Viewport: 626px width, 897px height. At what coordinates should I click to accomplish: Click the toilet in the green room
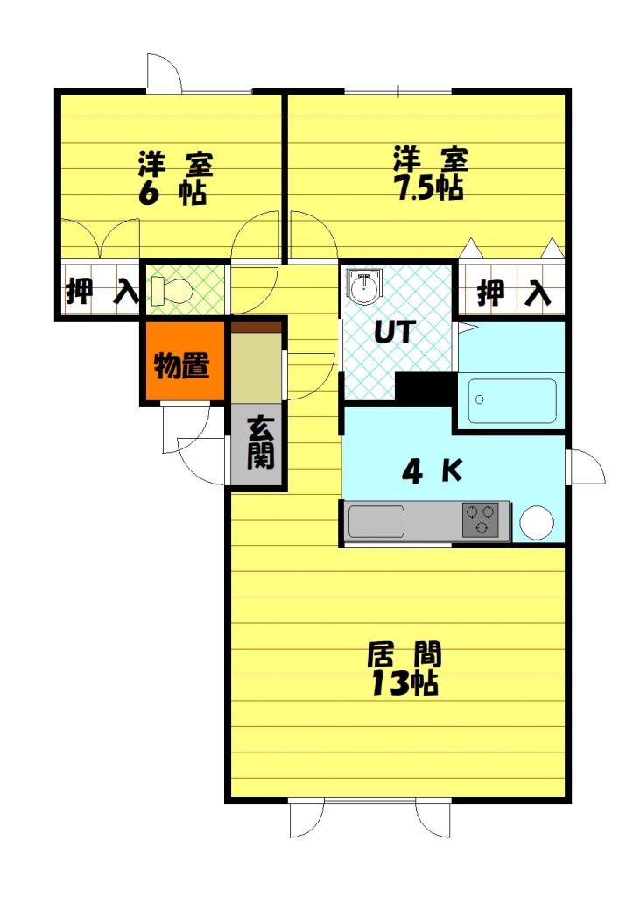pos(171,290)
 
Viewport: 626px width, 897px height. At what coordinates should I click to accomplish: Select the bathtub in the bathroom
pos(512,401)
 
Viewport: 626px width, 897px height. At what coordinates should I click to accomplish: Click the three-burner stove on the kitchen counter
pos(481,520)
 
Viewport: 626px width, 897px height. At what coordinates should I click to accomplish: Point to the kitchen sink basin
pos(376,522)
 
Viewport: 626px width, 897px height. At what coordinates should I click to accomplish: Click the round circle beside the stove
pos(537,523)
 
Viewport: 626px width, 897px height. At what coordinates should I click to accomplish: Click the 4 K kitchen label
pos(431,472)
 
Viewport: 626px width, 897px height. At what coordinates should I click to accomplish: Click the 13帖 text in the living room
pos(404,684)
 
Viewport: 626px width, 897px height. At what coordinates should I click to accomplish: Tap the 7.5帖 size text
pos(428,189)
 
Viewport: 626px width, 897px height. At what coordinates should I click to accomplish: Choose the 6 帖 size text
pos(172,193)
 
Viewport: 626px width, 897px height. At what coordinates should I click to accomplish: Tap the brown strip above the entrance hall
pos(256,328)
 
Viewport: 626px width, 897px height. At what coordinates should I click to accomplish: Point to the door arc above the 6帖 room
pos(164,73)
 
